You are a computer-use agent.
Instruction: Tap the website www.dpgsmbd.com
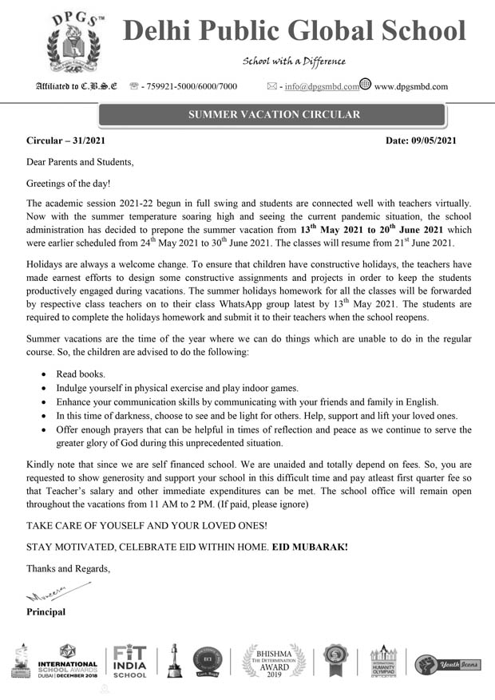410,86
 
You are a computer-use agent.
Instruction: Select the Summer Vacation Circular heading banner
274,115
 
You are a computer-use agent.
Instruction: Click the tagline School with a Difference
294,61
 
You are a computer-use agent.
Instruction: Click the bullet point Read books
80,374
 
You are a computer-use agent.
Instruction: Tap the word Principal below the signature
46,612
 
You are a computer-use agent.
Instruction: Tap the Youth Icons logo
447,663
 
